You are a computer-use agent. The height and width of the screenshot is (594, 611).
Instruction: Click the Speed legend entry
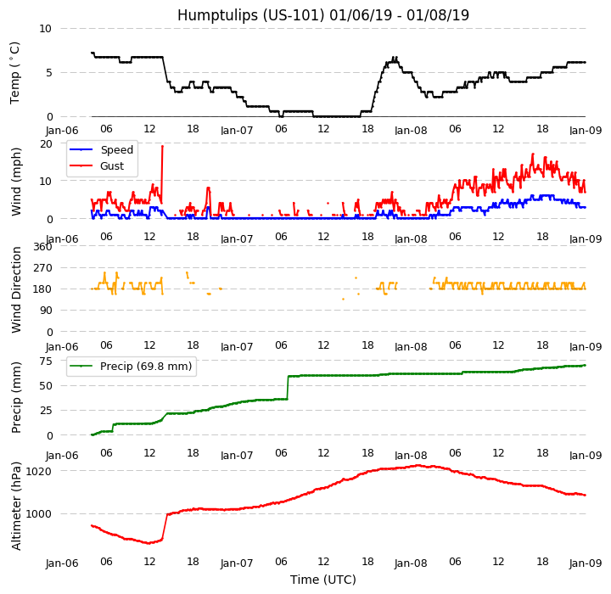pos(116,150)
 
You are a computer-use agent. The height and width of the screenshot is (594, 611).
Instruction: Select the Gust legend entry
pos(113,165)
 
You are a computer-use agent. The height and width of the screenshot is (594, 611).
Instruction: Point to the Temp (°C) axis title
pos(15,72)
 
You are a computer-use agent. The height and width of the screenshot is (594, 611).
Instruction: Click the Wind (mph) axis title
pos(17,181)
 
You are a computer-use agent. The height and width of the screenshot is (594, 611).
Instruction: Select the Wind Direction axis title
pos(17,289)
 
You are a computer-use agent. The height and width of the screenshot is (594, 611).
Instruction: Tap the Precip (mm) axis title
pos(17,397)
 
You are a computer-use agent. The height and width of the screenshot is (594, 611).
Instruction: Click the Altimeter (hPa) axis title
pos(17,506)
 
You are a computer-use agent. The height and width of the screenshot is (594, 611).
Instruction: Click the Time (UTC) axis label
pos(322,580)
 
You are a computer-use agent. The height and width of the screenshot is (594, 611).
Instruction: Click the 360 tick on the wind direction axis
pos(42,247)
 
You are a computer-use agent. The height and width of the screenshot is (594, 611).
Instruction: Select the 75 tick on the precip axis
pos(46,361)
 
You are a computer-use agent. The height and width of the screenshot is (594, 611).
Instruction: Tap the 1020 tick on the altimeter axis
pos(39,471)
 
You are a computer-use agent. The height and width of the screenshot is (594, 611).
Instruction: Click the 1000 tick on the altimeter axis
pos(39,513)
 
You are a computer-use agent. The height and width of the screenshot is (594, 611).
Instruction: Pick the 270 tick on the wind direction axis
pos(42,268)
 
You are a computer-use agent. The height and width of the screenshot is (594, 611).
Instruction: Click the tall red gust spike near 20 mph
pos(162,147)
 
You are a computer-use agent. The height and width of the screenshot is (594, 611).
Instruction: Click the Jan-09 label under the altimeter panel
pos(586,563)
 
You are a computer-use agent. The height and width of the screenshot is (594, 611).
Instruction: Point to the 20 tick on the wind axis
pos(46,143)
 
